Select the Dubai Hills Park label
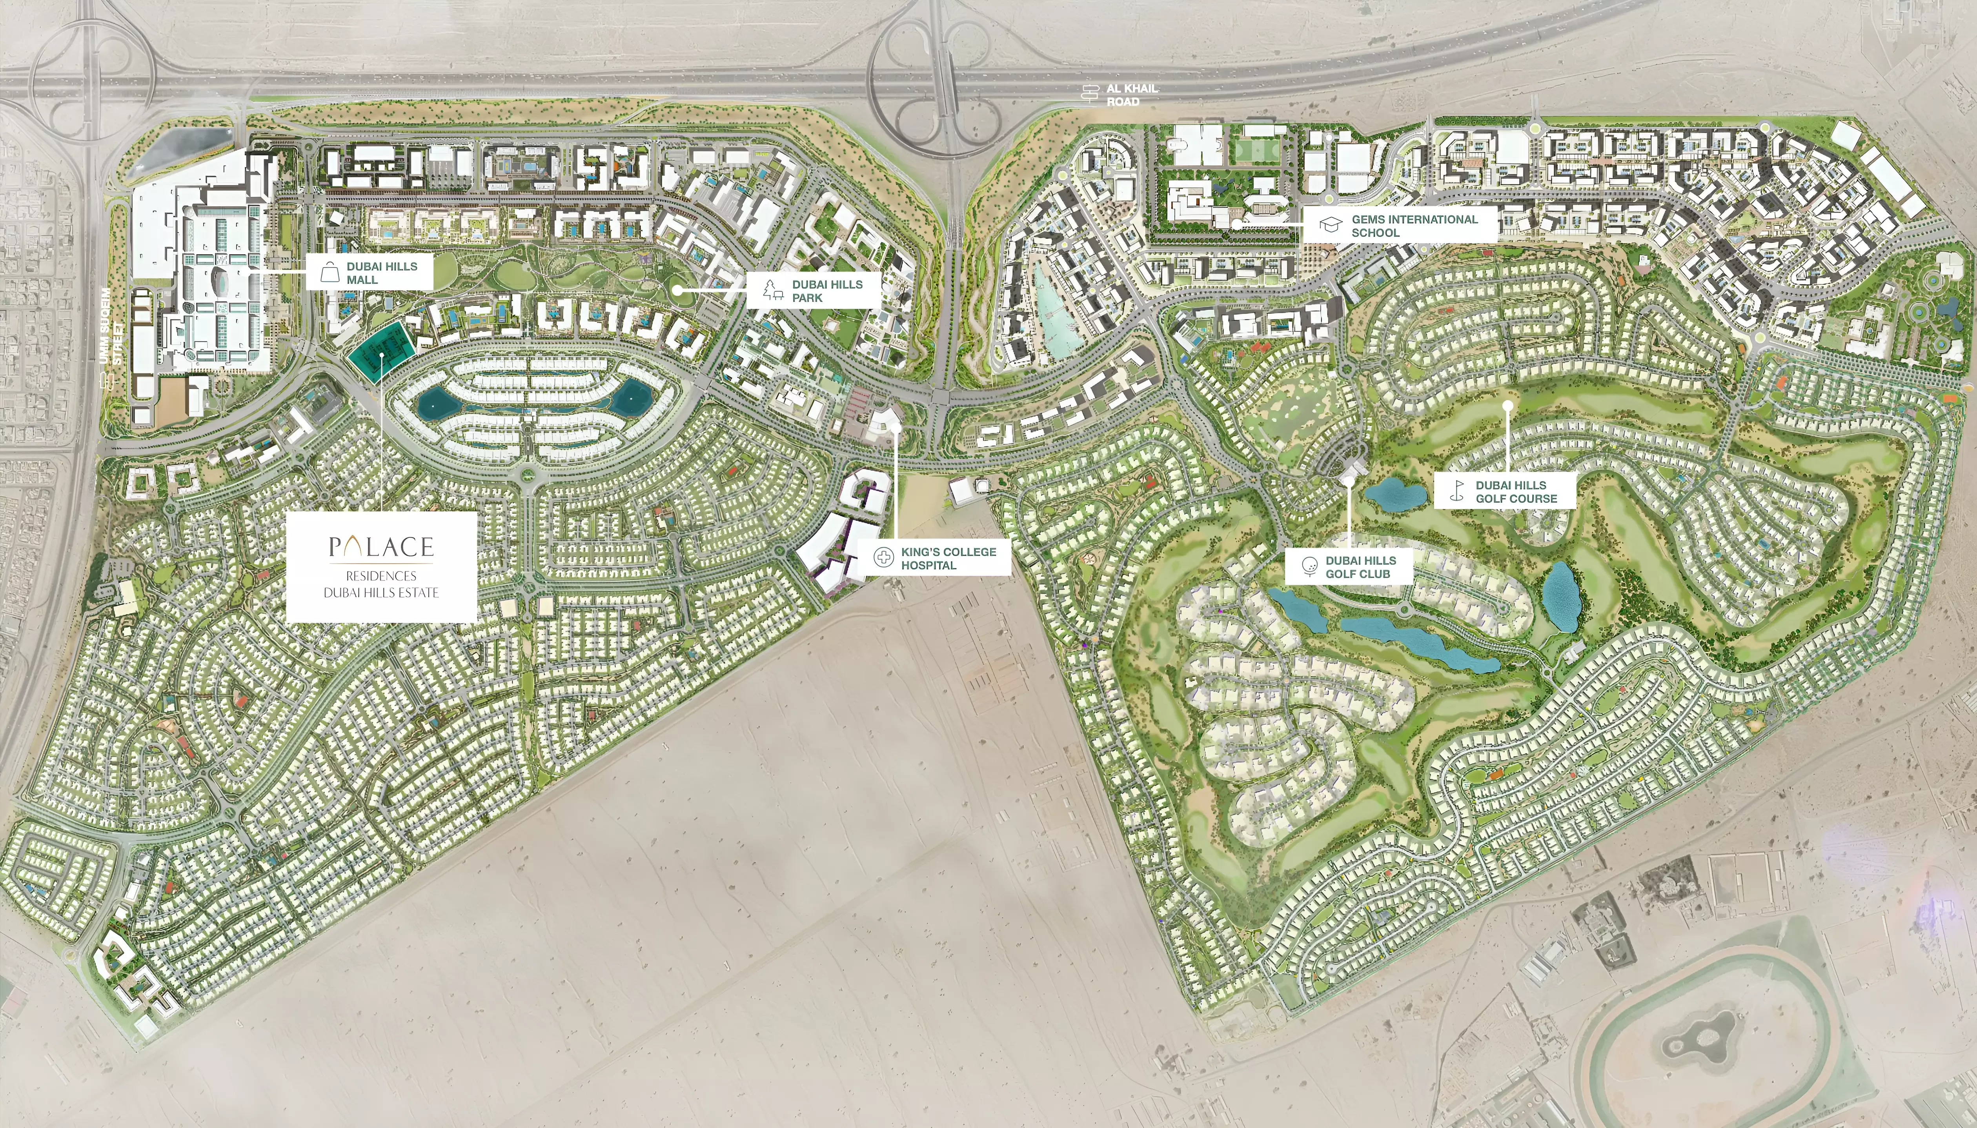826,291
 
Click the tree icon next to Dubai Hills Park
772,291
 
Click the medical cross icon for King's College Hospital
883,558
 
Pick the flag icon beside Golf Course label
1457,491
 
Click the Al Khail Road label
1132,95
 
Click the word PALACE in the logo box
381,547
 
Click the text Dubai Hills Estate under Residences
381,593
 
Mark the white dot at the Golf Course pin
1507,405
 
